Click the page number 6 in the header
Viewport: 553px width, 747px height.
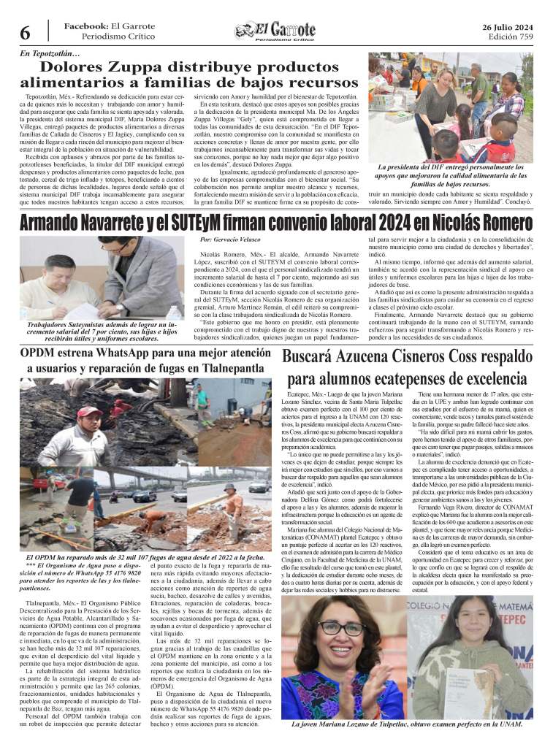24,33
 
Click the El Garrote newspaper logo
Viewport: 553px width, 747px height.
275,31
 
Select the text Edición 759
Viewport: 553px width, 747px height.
511,37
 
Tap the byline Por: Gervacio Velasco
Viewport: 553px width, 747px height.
231,240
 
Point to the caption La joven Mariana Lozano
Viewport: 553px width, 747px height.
406,724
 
